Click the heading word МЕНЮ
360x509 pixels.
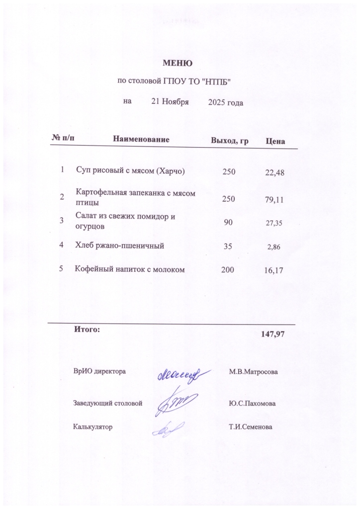pyautogui.click(x=178, y=63)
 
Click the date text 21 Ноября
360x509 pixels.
pyautogui.click(x=170, y=102)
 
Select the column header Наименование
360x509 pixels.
pyautogui.click(x=142, y=140)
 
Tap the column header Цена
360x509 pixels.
pyautogui.click(x=275, y=142)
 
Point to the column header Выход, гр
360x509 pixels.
pyautogui.click(x=230, y=141)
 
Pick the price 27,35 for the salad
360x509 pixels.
pyautogui.click(x=274, y=223)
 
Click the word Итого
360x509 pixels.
pyautogui.click(x=87, y=329)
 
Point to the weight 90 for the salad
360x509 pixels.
pyautogui.click(x=228, y=222)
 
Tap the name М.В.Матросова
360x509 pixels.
pyautogui.click(x=253, y=372)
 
